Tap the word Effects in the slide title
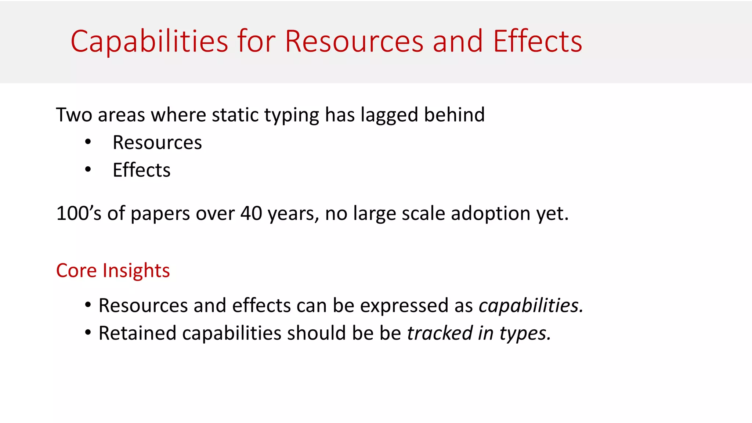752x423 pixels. click(537, 41)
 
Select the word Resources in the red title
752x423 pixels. click(354, 41)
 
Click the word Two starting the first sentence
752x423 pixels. click(74, 115)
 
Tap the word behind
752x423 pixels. click(454, 115)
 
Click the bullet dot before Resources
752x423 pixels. click(88, 142)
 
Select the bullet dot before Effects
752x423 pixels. click(88, 170)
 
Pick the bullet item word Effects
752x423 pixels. click(141, 170)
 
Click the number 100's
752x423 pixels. click(79, 213)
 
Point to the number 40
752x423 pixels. click(251, 213)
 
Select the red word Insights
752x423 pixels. click(136, 271)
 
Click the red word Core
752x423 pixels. click(76, 271)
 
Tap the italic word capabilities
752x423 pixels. click(531, 305)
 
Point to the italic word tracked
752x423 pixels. click(440, 333)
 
